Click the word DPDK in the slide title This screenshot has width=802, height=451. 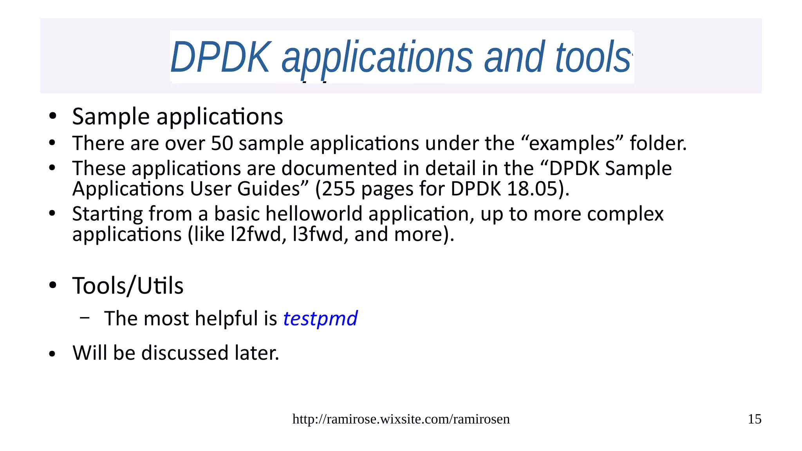click(220, 58)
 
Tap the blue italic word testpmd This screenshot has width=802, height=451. click(320, 318)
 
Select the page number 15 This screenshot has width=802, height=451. click(754, 419)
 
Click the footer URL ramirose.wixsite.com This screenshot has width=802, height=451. click(401, 419)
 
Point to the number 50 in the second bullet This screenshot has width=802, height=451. click(222, 143)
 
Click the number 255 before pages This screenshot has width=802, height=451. click(338, 189)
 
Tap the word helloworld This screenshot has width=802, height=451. click(320, 214)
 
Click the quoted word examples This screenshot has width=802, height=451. click(572, 143)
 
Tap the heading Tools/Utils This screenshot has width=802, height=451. click(128, 285)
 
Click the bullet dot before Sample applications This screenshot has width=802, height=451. click(52, 116)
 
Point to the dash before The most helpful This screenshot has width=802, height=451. click(84, 318)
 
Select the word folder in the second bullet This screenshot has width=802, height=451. click(657, 143)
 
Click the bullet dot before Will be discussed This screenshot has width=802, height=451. click(52, 354)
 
